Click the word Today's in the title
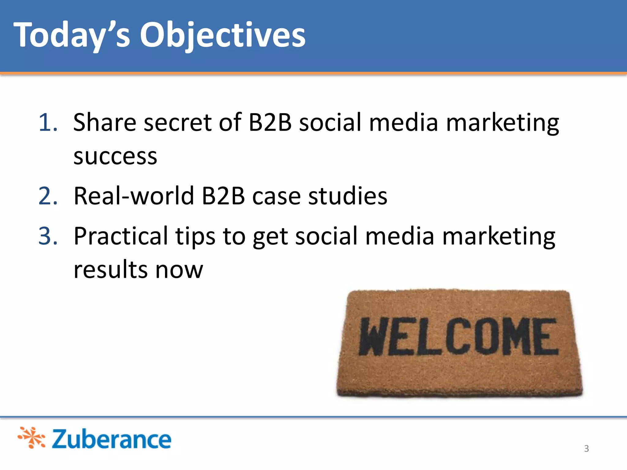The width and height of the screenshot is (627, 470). coord(72,35)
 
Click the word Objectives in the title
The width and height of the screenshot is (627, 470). coord(223,35)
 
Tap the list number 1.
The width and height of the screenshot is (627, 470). coord(48,123)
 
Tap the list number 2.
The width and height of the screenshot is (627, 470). coord(48,196)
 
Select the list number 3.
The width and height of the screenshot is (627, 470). coord(48,236)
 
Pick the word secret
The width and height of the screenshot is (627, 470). coord(178,122)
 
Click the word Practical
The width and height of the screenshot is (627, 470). coord(121,236)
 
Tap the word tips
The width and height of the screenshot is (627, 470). coord(195,236)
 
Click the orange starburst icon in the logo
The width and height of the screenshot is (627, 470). coord(32,438)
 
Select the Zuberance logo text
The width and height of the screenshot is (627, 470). coord(111,439)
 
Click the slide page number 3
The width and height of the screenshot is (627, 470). coord(586,449)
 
